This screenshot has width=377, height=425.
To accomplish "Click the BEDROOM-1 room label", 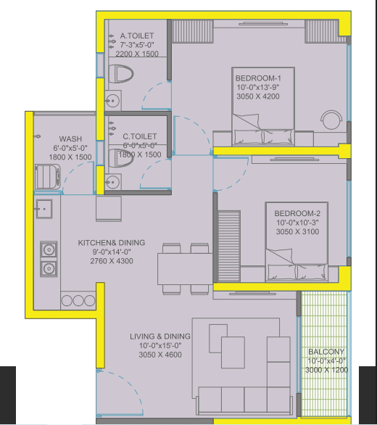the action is [258, 78].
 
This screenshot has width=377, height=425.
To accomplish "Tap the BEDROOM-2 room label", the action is [297, 213].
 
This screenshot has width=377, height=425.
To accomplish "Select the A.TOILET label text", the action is [137, 36].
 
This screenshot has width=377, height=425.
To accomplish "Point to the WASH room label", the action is [70, 139].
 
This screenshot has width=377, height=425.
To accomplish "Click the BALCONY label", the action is [326, 352].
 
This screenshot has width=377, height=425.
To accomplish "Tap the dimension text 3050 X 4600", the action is [160, 355].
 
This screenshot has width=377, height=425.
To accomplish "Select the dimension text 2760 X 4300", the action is [112, 261].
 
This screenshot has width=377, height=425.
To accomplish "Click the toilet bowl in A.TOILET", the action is [121, 74].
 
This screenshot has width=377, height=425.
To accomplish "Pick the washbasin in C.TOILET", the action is [113, 182].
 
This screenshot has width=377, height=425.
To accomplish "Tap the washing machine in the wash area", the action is [47, 177].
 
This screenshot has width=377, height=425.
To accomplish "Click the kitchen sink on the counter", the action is [43, 209].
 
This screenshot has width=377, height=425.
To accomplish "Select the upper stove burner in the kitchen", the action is [49, 249].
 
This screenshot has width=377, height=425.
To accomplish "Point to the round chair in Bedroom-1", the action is [331, 119].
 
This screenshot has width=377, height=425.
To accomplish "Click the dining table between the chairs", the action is [185, 269].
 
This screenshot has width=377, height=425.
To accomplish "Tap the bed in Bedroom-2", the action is [297, 242].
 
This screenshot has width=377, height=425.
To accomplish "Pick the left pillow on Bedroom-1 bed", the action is [248, 137].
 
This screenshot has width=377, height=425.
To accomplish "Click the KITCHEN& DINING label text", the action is [112, 242].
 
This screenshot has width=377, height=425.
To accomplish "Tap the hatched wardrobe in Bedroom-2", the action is [229, 247].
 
